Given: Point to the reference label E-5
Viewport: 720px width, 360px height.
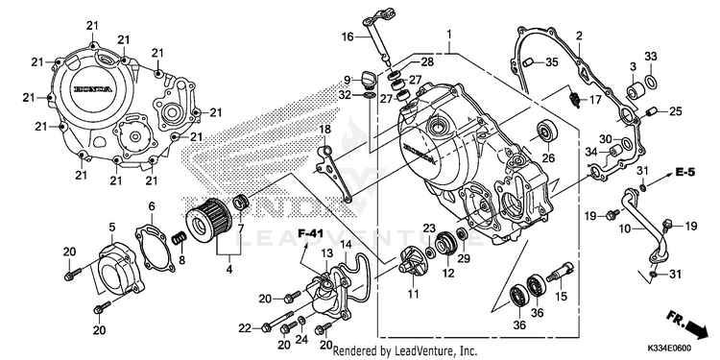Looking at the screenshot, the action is coord(685,172).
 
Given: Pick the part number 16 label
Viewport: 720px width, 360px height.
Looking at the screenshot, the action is coord(348,36).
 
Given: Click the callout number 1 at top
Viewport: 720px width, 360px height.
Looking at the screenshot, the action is coord(449,35).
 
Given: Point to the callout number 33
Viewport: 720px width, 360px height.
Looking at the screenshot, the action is coord(650,56).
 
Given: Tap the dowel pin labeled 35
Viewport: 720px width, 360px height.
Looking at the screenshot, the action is coord(528,62).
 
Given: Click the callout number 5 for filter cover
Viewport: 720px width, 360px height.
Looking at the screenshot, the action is coord(112,227).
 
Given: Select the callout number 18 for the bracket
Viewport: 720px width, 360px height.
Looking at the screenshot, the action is coord(324,130).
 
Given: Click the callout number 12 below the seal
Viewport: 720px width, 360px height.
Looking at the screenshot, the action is coord(448,274).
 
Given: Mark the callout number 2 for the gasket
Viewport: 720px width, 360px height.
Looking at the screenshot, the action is coord(580,36).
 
